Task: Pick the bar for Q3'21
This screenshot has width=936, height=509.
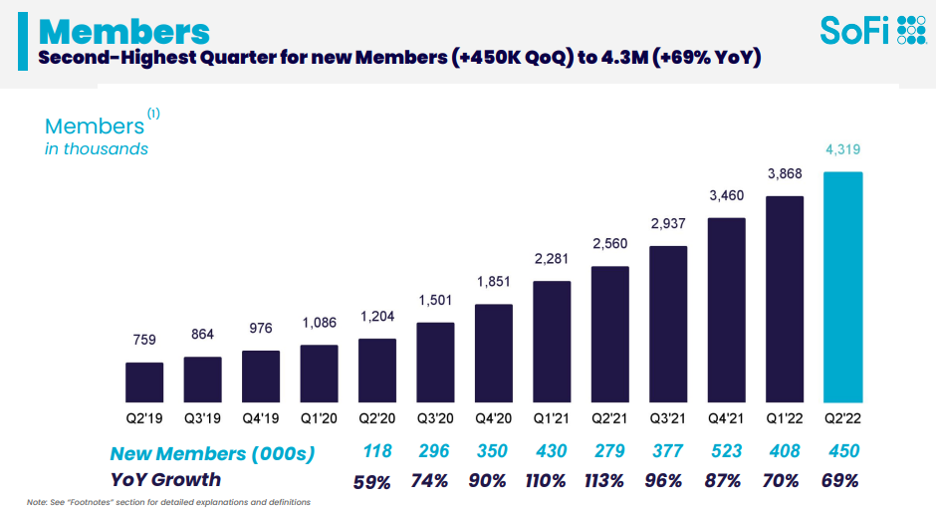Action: coord(668,322)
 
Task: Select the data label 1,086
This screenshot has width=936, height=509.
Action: coord(319,324)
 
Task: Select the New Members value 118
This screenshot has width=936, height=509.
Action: coord(376,452)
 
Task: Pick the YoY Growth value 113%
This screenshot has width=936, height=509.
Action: coord(609,480)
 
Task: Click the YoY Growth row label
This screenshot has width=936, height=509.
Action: coord(165,479)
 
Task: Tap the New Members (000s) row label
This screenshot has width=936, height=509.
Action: coord(212,453)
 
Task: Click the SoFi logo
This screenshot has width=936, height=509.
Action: coord(872,31)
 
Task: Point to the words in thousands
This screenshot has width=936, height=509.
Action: coord(97,148)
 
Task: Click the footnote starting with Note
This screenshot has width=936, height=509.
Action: coord(168,501)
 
